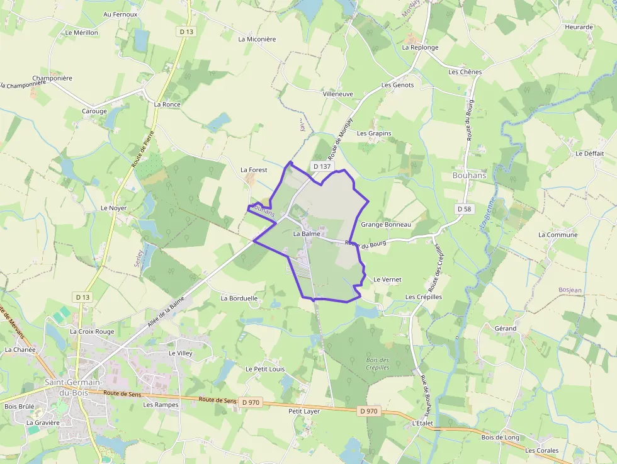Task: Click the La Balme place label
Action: click(307, 234)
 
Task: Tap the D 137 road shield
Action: click(321, 166)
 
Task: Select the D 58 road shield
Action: click(464, 208)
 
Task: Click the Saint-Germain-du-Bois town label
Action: click(73, 388)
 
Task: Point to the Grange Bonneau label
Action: click(385, 225)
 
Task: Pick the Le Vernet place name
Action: click(387, 280)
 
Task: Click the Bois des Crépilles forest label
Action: click(377, 364)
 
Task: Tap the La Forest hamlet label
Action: click(254, 170)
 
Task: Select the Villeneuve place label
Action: click(337, 94)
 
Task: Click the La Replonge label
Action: click(420, 47)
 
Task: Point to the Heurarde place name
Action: click(579, 27)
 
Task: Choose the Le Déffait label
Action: click(589, 154)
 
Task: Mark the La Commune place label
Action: click(557, 235)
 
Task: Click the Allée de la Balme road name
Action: click(166, 312)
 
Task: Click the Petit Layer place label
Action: click(303, 411)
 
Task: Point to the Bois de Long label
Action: click(500, 438)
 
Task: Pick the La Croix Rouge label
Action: click(92, 331)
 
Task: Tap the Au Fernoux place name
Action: click(120, 14)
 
